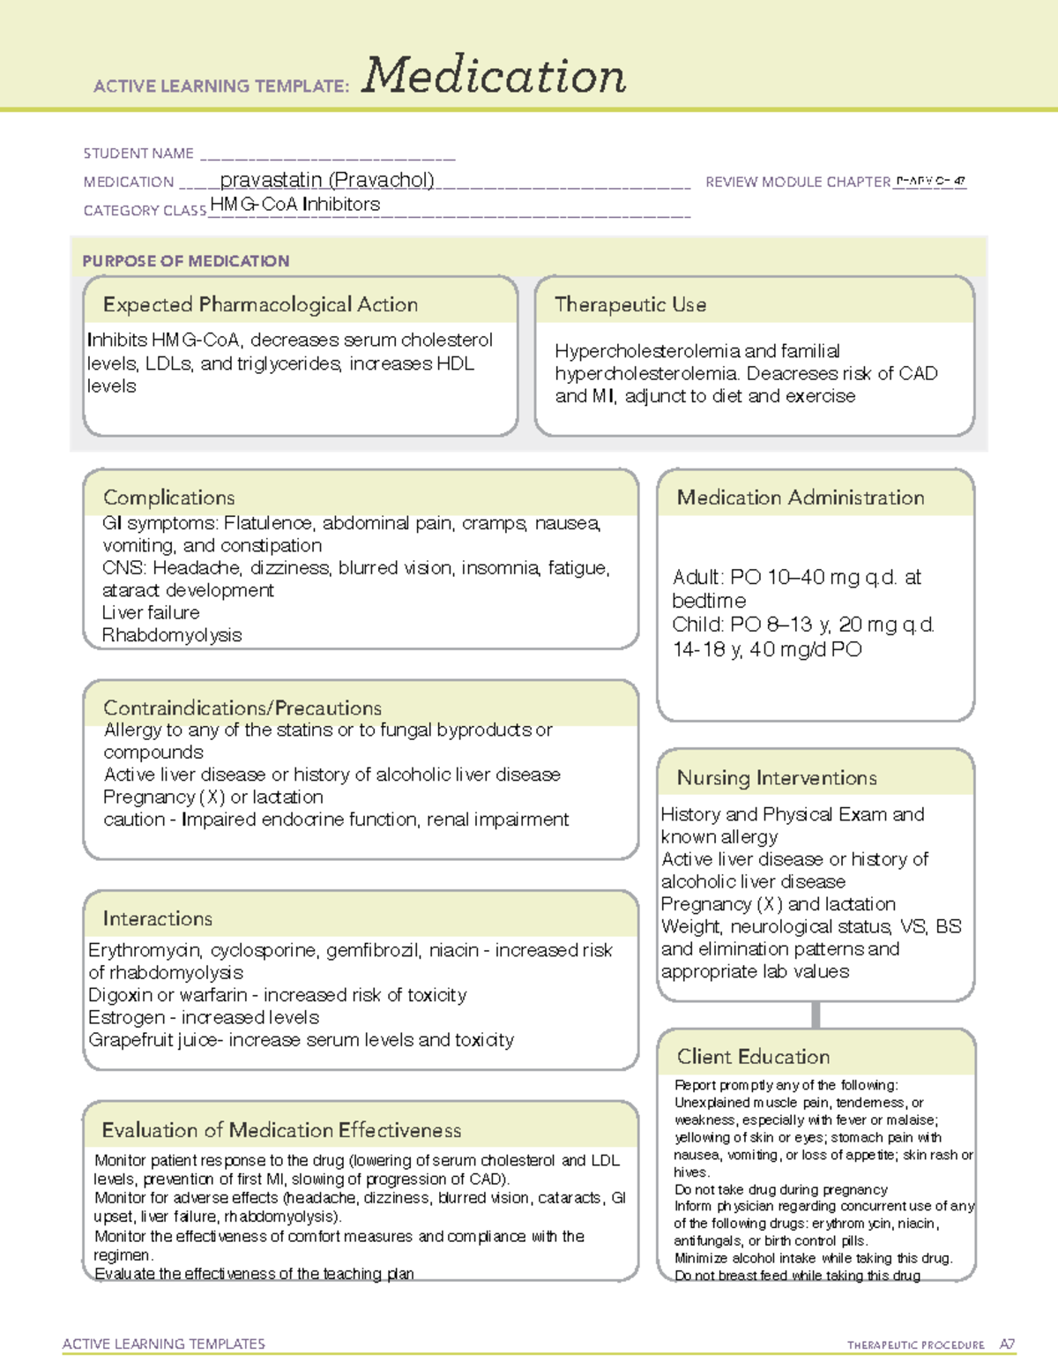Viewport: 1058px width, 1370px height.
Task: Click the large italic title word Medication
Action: [494, 76]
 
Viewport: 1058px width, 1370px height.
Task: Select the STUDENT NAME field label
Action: [138, 153]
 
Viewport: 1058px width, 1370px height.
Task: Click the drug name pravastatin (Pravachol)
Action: [327, 180]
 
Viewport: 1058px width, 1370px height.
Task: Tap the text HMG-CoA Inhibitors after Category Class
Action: [295, 205]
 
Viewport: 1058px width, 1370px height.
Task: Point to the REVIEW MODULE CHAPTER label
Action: [798, 182]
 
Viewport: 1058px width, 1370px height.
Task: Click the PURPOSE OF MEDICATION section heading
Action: [186, 261]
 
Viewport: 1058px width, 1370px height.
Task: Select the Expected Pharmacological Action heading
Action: [260, 304]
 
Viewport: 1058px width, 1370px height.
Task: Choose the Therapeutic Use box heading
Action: [630, 304]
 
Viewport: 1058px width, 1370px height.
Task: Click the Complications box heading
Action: [169, 498]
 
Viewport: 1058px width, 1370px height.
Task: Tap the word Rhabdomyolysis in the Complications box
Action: [172, 635]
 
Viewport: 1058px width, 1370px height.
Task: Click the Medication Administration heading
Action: [801, 498]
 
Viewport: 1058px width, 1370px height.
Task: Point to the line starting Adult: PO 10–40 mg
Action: [796, 578]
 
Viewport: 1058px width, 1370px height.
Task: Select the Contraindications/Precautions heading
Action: [242, 707]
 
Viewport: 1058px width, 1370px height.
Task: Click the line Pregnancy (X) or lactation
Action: [213, 797]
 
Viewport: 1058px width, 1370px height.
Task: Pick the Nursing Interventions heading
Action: [777, 778]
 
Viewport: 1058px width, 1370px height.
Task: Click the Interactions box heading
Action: [158, 918]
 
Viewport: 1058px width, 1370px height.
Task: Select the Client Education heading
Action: [754, 1057]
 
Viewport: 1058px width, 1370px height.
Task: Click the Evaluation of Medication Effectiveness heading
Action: [281, 1130]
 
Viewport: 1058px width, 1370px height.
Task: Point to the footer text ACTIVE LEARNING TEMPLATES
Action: [164, 1344]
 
